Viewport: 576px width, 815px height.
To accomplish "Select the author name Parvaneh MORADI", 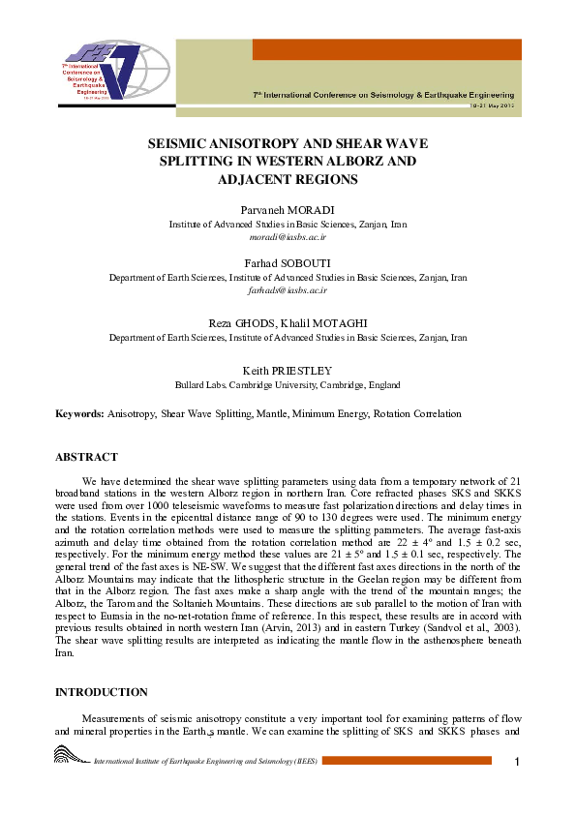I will [288, 209].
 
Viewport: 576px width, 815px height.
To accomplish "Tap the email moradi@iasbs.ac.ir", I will [288, 236].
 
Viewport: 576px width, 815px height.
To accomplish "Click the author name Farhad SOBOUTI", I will [288, 262].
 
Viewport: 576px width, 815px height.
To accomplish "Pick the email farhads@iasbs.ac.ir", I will [288, 289].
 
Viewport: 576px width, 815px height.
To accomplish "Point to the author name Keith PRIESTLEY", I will [288, 370].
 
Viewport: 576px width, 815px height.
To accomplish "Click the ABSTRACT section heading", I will [86, 457].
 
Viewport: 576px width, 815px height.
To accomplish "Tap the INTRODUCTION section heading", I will [101, 692].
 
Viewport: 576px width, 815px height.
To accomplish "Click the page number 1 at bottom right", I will [518, 763].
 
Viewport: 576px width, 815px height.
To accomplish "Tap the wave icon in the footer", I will [70, 757].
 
